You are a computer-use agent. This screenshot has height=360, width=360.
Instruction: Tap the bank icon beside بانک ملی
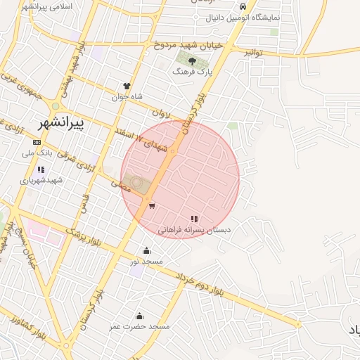click(x=37, y=142)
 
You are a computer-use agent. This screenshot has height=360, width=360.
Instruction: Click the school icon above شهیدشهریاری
click(x=41, y=169)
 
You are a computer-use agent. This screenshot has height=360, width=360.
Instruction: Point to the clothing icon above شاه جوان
click(x=127, y=86)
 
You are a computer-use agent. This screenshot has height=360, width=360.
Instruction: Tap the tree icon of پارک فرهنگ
click(x=192, y=62)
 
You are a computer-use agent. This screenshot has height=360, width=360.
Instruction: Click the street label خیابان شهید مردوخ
click(x=188, y=44)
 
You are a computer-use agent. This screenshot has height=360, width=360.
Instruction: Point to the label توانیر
click(x=252, y=52)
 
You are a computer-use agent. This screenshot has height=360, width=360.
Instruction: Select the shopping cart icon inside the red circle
click(x=152, y=205)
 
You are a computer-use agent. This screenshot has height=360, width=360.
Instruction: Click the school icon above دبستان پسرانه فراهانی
click(x=194, y=219)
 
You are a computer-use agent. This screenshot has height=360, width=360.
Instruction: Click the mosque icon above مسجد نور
click(x=146, y=250)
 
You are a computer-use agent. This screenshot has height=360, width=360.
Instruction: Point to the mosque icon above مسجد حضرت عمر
click(x=139, y=316)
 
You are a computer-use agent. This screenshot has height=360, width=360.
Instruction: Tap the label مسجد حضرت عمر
click(x=139, y=326)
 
